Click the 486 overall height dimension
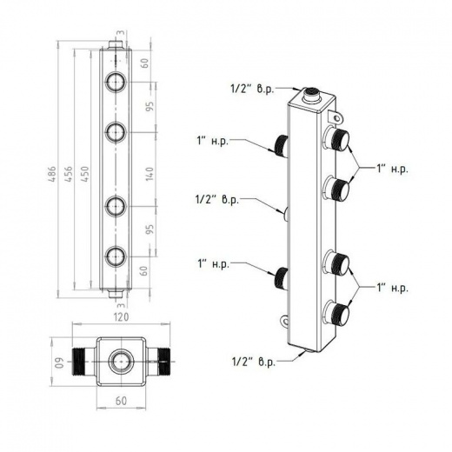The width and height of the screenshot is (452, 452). click(52, 174)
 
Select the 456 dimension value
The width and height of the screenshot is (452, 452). click(69, 174)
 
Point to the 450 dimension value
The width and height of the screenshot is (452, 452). click(85, 174)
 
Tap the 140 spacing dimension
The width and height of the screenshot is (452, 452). click(150, 174)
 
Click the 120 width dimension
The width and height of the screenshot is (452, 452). click(121, 317)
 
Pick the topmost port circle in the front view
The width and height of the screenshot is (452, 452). click(116, 82)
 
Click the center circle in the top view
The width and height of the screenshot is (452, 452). click(121, 362)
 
